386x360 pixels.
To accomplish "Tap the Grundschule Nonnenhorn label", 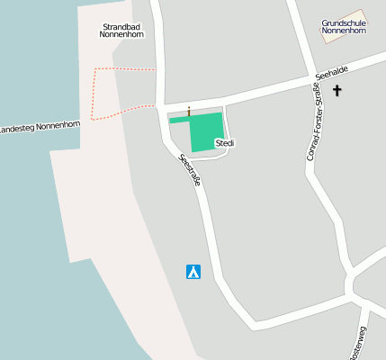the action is (x=344, y=26).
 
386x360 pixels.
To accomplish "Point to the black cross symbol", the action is (x=337, y=90).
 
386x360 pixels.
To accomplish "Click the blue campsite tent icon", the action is (x=193, y=271).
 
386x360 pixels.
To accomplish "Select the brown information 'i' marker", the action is (x=189, y=112).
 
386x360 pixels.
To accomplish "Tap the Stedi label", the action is (x=225, y=143).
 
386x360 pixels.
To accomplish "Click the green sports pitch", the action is (x=207, y=133).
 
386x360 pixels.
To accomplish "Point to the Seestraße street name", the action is (x=190, y=170).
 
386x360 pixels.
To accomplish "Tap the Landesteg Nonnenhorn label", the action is (x=40, y=127).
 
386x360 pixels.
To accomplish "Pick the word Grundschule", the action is (x=344, y=22).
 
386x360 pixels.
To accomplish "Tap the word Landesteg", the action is (x=20, y=130).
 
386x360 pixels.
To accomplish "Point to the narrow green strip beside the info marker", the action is (x=179, y=119).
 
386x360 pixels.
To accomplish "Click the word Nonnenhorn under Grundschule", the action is (x=344, y=31).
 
